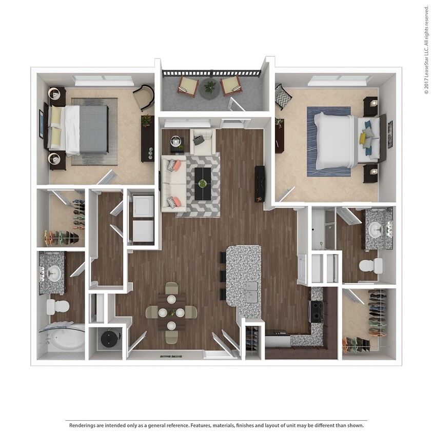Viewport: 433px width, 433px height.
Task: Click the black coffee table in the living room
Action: [x=204, y=184]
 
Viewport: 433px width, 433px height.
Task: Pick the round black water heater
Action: [x=109, y=339]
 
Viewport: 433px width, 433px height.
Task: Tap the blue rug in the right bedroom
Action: [x=328, y=141]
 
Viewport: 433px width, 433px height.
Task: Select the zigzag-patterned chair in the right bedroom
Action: [x=282, y=97]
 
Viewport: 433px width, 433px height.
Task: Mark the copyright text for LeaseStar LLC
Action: [x=426, y=50]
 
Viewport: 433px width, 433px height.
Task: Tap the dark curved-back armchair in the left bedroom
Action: [x=144, y=96]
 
